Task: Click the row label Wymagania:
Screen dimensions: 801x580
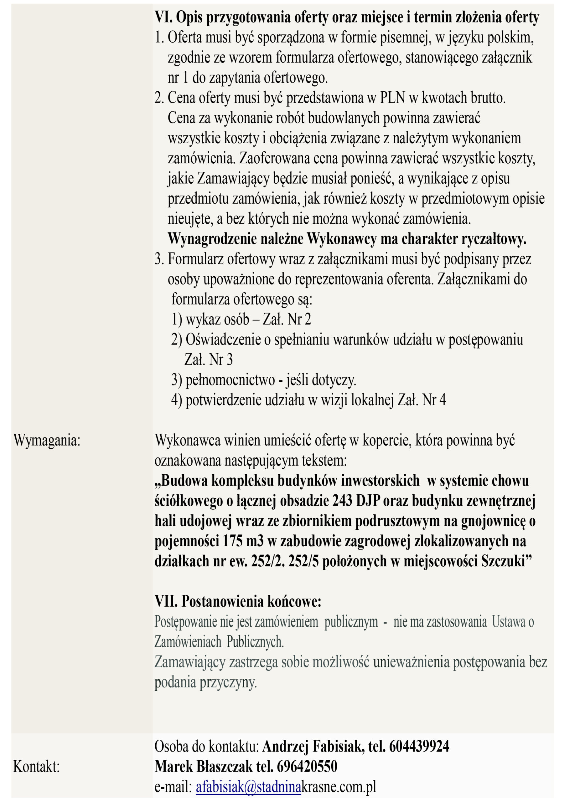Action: click(47, 441)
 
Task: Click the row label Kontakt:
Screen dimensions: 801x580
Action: click(36, 767)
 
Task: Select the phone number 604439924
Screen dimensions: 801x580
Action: click(419, 747)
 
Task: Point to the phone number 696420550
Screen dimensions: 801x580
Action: click(307, 767)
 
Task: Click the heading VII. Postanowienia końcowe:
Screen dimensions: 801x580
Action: click(238, 601)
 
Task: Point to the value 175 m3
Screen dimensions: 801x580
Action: click(243, 541)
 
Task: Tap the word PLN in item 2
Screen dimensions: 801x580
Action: click(392, 98)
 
